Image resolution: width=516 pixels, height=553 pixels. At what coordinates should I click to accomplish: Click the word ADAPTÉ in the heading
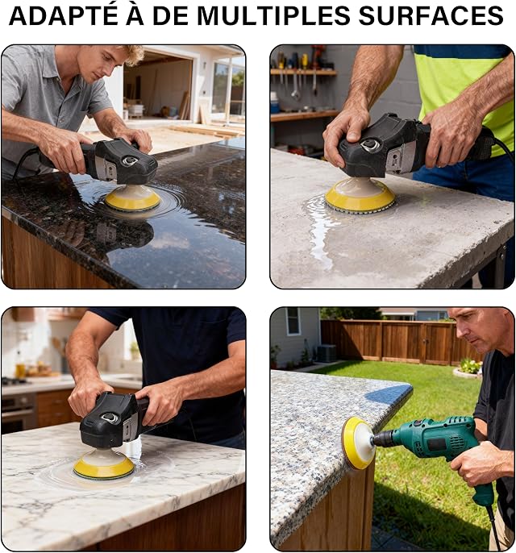(x=64, y=15)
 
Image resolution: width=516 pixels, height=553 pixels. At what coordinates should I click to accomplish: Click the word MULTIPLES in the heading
(x=273, y=15)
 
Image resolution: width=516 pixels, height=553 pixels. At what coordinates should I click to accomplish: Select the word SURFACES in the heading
(x=431, y=15)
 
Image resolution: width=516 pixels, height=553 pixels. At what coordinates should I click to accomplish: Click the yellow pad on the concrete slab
(x=360, y=195)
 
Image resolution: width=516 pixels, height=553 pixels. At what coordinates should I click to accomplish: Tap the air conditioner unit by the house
(x=327, y=353)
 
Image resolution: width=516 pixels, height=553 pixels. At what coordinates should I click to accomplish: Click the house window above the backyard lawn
(x=293, y=322)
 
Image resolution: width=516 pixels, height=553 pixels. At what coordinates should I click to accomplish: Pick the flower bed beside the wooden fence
(x=468, y=368)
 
